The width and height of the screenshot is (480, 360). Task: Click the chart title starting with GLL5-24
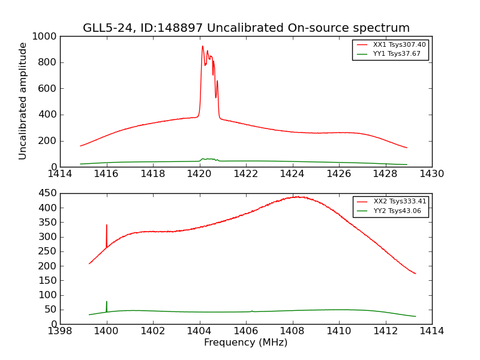tap(246, 28)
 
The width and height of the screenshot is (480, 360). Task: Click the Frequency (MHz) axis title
tap(245, 343)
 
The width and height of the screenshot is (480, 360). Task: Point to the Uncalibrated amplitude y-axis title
tap(23, 101)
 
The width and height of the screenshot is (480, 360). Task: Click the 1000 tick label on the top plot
tap(46, 37)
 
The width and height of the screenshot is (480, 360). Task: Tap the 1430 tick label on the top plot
tap(431, 173)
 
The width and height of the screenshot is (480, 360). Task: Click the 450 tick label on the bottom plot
tap(48, 193)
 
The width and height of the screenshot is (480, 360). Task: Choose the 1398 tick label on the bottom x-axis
tap(60, 331)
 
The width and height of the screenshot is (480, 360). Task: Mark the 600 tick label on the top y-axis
tap(48, 89)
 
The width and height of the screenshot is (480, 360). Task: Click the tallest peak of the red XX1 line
tap(203, 47)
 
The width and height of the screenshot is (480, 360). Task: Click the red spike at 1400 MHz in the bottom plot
tap(107, 226)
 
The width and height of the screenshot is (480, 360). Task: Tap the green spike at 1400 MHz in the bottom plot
tap(107, 302)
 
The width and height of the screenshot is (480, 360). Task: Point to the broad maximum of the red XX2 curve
tap(297, 197)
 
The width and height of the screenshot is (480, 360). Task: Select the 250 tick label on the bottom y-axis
tap(48, 251)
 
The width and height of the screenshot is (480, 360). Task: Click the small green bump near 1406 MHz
tap(252, 311)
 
